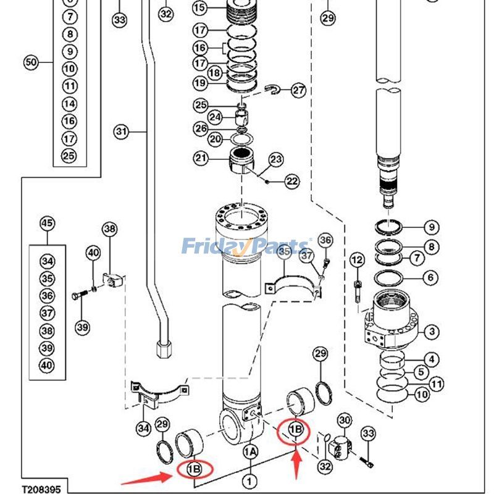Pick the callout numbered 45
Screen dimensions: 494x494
47,224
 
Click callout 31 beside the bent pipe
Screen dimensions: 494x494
121,132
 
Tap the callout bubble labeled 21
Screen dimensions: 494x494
202,159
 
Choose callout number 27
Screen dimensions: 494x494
299,91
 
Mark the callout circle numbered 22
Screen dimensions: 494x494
291,181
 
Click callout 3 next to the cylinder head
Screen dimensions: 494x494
431,332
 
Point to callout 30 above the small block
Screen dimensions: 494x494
344,421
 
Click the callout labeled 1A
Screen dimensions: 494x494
249,452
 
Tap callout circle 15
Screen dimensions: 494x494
199,8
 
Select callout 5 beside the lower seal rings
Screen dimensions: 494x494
421,372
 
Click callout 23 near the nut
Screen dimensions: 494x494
275,159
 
